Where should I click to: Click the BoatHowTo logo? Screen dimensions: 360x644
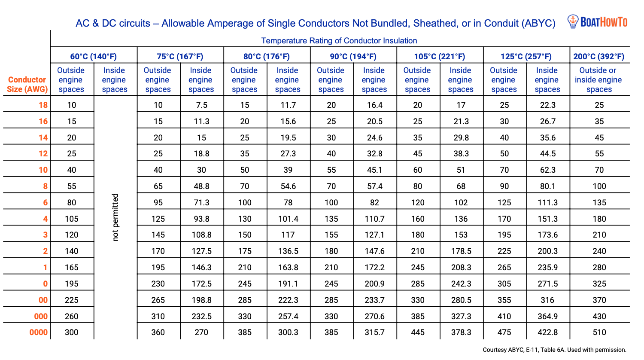pos(597,21)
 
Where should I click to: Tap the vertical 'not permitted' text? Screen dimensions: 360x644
pos(115,217)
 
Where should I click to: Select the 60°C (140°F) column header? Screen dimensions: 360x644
pos(94,56)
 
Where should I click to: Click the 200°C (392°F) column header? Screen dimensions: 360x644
pos(599,56)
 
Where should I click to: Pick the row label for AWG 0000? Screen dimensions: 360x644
pos(39,332)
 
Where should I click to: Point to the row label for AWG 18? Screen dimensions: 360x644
pos(43,105)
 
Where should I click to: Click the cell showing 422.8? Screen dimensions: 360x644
pos(547,332)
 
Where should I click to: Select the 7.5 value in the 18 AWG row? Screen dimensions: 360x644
pos(201,105)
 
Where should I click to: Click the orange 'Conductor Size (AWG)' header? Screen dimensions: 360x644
pos(27,84)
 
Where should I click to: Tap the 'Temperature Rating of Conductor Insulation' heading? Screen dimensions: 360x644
pos(339,41)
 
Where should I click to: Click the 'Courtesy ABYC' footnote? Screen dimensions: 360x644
pos(554,350)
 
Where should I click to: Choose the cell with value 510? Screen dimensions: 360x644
pos(599,332)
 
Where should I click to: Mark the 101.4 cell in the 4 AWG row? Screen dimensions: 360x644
pos(288,219)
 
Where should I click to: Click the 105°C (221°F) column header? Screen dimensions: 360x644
pos(439,56)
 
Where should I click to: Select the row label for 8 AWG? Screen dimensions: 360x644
pos(45,186)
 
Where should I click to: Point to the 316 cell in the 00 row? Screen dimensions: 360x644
pos(547,300)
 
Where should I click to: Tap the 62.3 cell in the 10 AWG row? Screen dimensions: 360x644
pos(547,170)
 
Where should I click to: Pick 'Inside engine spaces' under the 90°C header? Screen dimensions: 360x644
pos(374,80)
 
